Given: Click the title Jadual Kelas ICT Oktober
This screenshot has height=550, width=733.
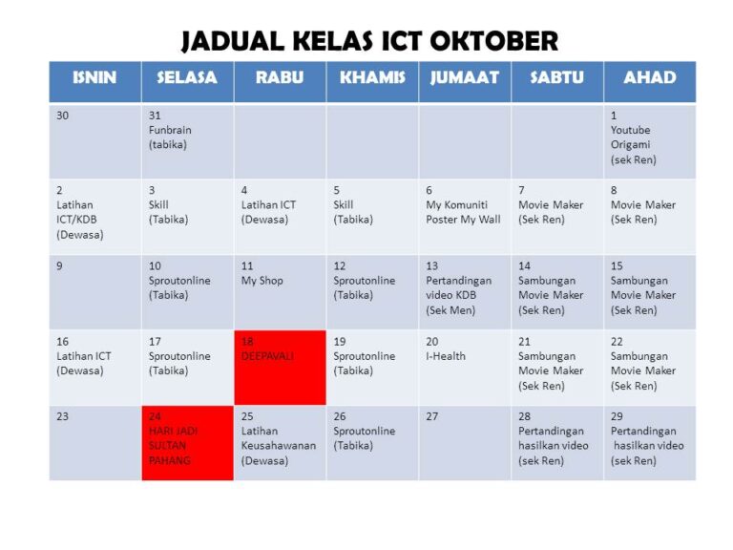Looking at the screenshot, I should coord(369,41).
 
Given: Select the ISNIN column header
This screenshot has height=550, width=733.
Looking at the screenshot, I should coord(94,78).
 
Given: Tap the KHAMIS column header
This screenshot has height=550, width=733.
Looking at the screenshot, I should coord(372,78).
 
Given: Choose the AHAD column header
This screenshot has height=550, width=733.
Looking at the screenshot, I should coord(649,78).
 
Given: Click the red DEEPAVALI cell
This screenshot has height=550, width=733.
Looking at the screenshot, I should coord(280,368).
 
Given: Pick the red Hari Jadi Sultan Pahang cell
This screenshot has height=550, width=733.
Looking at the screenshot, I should coord(187,442).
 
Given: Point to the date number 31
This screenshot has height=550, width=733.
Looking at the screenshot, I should coord(156,116).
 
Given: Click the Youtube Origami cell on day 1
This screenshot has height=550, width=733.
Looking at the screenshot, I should coord(649,140).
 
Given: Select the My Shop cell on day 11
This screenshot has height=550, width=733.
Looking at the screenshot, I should coord(280,291).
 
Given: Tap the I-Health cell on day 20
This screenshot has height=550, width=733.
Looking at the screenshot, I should coord(465,368).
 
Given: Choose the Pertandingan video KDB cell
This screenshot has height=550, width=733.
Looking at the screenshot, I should coord(465,291).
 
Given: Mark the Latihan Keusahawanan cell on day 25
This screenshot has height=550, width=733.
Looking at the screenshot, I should coord(280,442).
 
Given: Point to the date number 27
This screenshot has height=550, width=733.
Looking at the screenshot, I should coord(432,416).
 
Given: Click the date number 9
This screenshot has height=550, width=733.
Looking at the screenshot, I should coord(59,265).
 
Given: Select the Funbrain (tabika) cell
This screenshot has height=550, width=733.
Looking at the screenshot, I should coord(187,140).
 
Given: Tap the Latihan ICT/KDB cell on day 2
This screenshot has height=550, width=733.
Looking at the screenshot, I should coord(94,216).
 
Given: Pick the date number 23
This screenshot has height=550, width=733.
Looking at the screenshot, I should coord(62,416).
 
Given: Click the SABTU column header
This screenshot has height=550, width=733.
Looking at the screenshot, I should coord(556,78).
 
